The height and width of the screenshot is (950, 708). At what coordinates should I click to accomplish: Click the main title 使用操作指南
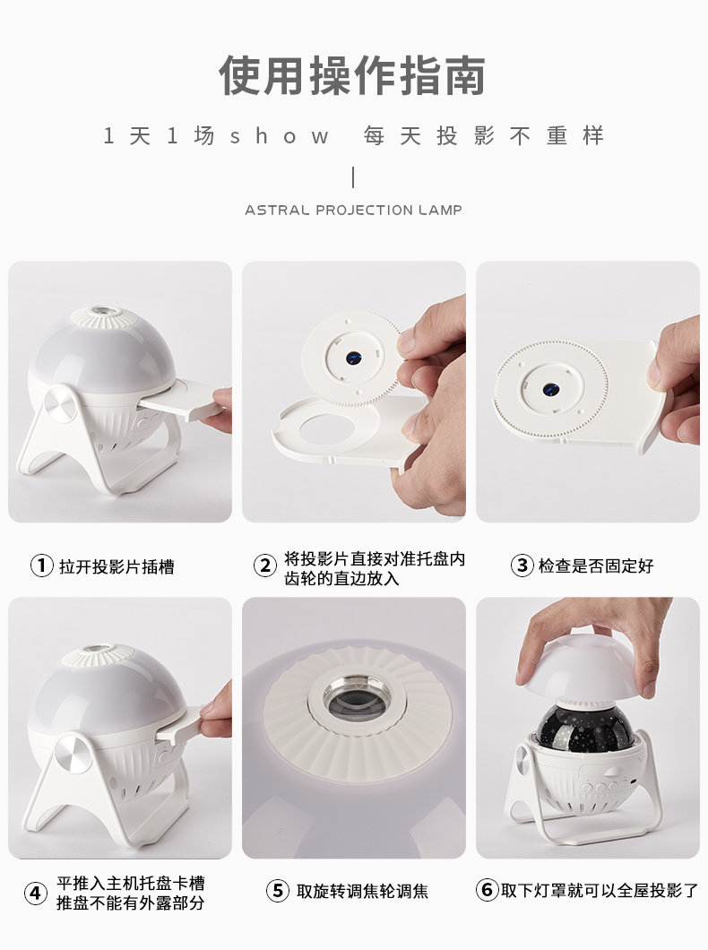tap(352, 76)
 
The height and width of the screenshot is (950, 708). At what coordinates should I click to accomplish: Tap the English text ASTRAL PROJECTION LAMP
tap(354, 211)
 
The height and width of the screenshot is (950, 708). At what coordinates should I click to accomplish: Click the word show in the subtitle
tap(280, 135)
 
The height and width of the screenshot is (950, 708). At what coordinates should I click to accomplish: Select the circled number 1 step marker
tap(42, 566)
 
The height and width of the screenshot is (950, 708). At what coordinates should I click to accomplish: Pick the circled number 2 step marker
tap(264, 566)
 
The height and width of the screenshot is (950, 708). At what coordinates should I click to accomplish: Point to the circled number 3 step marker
tap(522, 566)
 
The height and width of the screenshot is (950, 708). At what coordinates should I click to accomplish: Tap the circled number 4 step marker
tap(36, 893)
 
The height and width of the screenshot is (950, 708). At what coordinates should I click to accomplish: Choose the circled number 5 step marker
tap(278, 891)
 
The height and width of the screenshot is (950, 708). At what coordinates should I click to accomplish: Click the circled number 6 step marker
tap(487, 890)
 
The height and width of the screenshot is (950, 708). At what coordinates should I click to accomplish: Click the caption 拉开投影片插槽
tap(117, 566)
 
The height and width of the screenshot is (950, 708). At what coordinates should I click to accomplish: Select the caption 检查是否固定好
tap(596, 566)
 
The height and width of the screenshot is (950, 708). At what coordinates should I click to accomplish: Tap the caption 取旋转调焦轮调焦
tap(362, 891)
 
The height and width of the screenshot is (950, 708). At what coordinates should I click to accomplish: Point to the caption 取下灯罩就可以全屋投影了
tap(600, 891)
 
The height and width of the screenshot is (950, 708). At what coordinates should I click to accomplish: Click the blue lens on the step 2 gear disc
tap(351, 358)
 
